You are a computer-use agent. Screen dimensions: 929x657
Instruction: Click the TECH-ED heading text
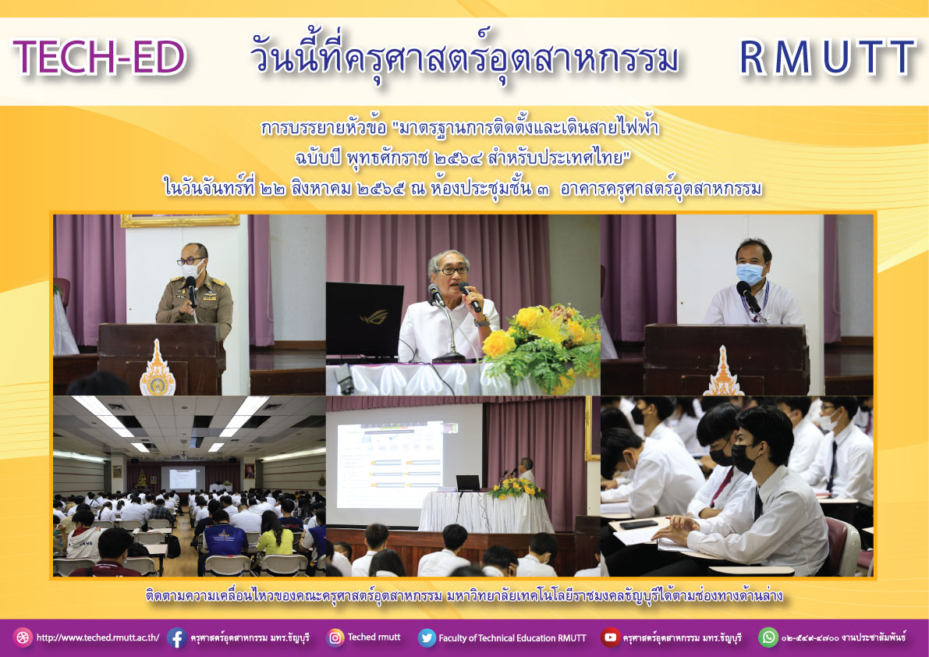click(100, 58)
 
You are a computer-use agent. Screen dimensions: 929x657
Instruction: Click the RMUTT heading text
click(828, 58)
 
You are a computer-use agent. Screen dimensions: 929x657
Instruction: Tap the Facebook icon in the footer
click(176, 637)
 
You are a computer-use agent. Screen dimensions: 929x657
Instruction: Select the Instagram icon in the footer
click(335, 637)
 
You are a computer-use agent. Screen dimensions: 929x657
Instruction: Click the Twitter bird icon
click(427, 637)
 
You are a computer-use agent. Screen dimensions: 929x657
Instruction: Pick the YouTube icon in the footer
click(610, 637)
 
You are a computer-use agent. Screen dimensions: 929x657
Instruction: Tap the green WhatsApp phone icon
click(768, 637)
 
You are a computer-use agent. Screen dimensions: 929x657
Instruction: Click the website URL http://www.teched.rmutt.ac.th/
click(98, 638)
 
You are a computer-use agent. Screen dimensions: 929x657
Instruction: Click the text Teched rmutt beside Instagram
click(374, 637)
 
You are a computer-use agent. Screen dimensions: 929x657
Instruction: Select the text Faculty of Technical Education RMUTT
click(512, 638)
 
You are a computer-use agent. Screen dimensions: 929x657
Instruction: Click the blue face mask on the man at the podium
click(750, 274)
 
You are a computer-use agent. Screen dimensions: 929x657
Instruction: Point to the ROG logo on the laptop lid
click(374, 317)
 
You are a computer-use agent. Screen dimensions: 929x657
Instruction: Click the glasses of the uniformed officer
click(190, 261)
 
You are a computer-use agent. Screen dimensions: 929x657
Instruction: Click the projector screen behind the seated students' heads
click(391, 465)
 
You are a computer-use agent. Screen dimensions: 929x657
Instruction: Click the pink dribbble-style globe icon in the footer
click(23, 637)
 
